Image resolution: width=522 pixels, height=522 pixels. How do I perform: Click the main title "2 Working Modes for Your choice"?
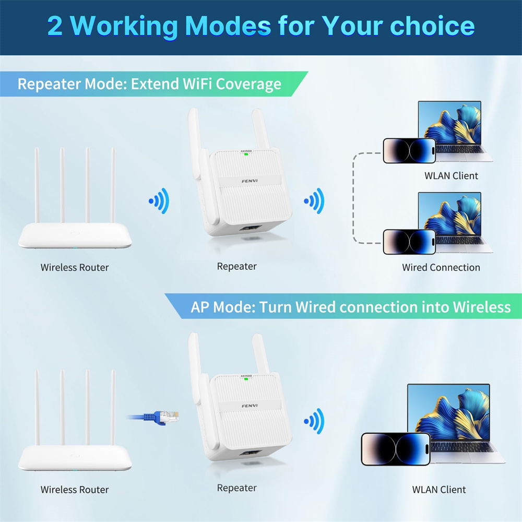[x=261, y=26]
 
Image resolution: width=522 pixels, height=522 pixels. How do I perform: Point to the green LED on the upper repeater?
[x=246, y=154]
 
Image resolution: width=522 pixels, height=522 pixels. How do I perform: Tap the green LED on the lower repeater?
[x=246, y=378]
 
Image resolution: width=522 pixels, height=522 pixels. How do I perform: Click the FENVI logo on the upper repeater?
[x=250, y=181]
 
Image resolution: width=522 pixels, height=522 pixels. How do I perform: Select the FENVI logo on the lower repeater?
[x=250, y=406]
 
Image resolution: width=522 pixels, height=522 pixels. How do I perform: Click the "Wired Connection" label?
[x=441, y=267]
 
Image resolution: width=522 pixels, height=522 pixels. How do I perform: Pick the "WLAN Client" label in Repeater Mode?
[x=451, y=176]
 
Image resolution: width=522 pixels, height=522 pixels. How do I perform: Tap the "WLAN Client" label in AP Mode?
[x=439, y=490]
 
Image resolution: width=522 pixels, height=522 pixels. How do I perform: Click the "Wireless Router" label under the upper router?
[x=75, y=267]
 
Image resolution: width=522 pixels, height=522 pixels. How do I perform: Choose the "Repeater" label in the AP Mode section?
[x=236, y=488]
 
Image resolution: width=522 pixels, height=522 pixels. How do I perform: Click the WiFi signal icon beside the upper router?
[x=160, y=201]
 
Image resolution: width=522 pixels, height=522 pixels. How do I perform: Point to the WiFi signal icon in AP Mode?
[x=315, y=421]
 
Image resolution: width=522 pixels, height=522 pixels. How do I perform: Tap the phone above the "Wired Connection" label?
[x=409, y=242]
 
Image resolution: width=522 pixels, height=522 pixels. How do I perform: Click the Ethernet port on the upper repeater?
[x=251, y=229]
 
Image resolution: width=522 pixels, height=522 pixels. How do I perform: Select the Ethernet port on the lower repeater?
[x=251, y=453]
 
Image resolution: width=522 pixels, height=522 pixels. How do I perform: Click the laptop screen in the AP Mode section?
[x=448, y=413]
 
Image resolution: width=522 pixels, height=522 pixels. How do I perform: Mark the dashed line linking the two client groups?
[x=353, y=198]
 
